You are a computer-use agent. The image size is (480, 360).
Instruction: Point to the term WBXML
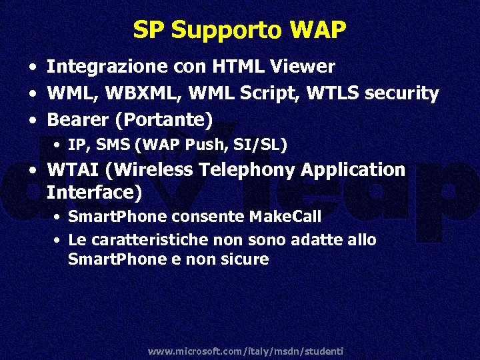[133, 93]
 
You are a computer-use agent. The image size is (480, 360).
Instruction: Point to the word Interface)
[94, 193]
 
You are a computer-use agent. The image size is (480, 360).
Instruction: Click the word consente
[210, 217]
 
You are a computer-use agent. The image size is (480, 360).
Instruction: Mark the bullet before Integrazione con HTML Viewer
[32, 67]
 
